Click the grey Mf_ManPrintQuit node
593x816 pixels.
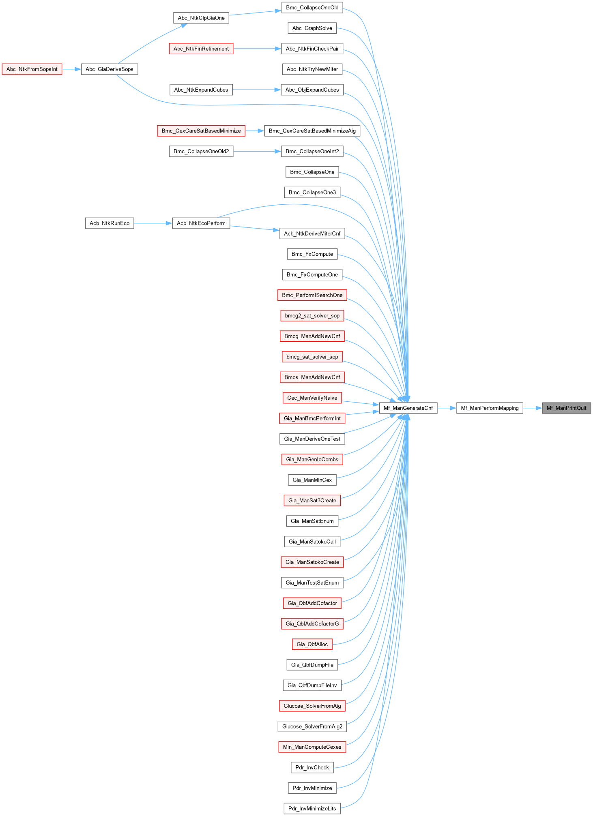(x=566, y=408)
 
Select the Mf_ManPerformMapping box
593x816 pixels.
(x=490, y=408)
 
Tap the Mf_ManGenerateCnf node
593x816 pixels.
(x=408, y=408)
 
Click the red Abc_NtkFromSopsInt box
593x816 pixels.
(x=32, y=69)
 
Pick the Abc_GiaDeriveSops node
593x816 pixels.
(x=110, y=69)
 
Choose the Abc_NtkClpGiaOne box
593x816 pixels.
(x=201, y=18)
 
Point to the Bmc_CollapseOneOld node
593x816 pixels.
(x=312, y=8)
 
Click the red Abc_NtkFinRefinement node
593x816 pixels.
(x=201, y=49)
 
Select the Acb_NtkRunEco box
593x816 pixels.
(x=110, y=223)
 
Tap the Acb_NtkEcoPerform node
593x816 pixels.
(x=201, y=223)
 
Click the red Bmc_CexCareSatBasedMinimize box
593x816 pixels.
(x=201, y=131)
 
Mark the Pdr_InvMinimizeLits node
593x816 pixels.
(x=312, y=808)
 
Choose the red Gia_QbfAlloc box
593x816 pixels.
(x=312, y=644)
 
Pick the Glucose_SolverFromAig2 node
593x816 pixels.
(x=312, y=726)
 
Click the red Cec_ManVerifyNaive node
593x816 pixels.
(x=312, y=398)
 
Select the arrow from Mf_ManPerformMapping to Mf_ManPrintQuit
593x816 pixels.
(x=533, y=408)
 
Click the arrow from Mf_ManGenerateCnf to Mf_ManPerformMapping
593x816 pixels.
(x=447, y=408)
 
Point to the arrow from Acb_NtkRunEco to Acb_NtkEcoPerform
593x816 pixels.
(x=153, y=223)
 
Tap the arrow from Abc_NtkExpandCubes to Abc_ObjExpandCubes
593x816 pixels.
(x=257, y=90)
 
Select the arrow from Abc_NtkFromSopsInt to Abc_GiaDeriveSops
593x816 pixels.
(x=71, y=69)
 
